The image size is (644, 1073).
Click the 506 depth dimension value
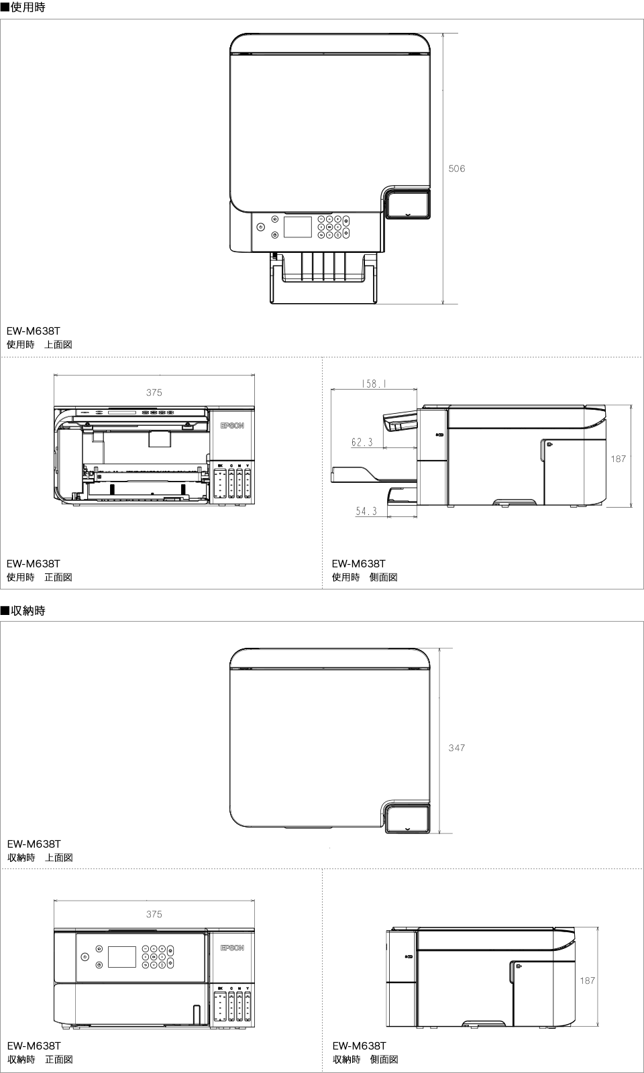click(456, 169)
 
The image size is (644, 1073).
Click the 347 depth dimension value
click(456, 748)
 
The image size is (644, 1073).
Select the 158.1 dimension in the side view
click(374, 385)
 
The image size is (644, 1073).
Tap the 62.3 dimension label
click(362, 443)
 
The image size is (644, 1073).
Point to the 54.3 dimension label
click(366, 512)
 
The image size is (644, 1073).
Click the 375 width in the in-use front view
click(154, 393)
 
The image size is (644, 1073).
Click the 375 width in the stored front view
click(154, 914)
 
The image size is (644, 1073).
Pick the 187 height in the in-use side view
click(618, 459)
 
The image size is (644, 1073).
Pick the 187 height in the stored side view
click(587, 980)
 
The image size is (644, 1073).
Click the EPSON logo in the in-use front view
click(232, 426)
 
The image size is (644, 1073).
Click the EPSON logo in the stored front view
click(232, 948)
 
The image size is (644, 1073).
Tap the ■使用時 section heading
click(23, 9)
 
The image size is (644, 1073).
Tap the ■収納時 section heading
click(23, 611)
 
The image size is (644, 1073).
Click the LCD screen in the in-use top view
click(298, 227)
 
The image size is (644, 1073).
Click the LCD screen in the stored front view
click(122, 957)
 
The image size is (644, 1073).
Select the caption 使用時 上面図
click(39, 345)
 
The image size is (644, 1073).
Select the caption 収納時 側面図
click(366, 1060)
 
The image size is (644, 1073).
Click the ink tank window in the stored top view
click(408, 819)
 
